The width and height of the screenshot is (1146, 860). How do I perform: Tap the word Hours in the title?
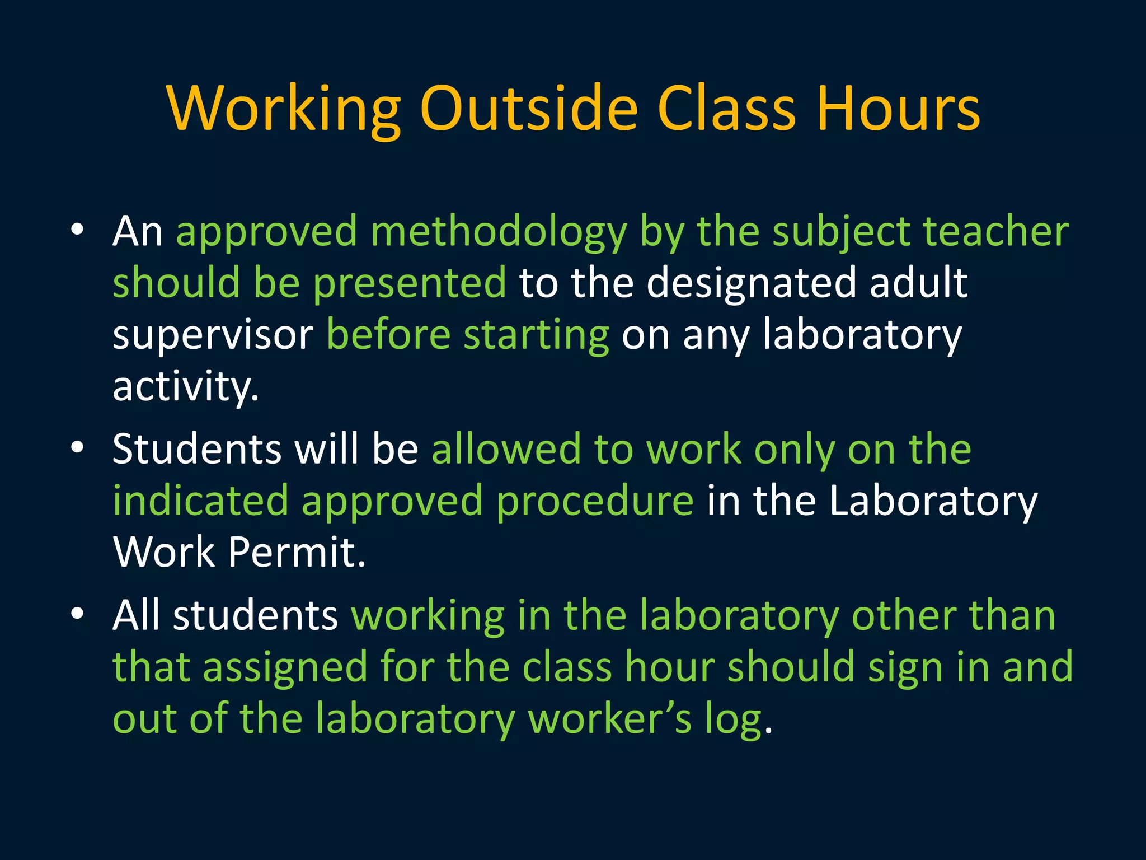[x=898, y=109]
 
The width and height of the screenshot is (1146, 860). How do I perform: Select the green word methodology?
[x=499, y=232]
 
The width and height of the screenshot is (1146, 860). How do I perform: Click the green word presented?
[x=410, y=283]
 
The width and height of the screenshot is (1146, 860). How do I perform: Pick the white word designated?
[x=751, y=283]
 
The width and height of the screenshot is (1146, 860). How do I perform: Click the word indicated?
[x=200, y=501]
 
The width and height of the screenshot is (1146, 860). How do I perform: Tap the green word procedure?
[x=595, y=502]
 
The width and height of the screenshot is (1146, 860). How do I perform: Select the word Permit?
[x=297, y=553]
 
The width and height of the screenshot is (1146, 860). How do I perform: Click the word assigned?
[x=284, y=668]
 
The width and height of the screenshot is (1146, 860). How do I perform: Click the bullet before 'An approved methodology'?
[x=77, y=229]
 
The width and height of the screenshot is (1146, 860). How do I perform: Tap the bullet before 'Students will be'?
[x=77, y=447]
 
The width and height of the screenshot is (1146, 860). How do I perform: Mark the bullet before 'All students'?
[x=77, y=613]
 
